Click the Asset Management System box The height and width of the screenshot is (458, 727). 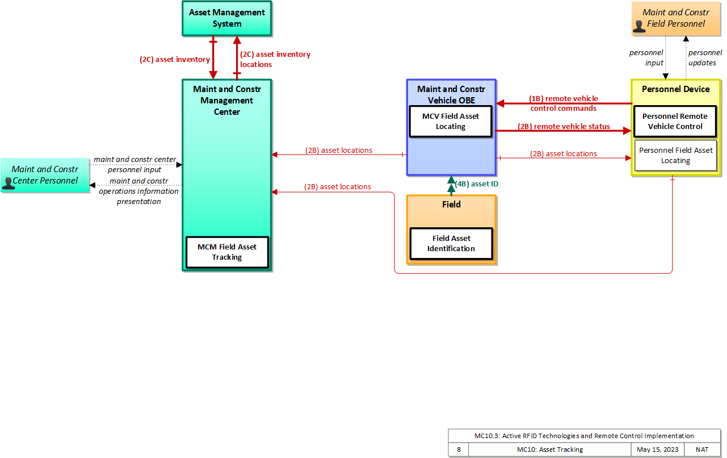click(x=227, y=18)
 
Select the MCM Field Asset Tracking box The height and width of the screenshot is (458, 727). click(x=227, y=252)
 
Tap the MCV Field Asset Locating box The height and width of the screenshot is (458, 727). click(x=451, y=121)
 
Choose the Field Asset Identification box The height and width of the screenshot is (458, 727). click(x=451, y=243)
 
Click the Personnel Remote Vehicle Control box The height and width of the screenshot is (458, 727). click(x=675, y=121)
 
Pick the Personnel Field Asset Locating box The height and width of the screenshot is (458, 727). click(x=675, y=155)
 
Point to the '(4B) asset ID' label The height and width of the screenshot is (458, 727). click(x=477, y=184)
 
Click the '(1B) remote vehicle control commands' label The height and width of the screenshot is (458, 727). click(x=564, y=103)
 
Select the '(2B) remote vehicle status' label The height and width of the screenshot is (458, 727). click(x=564, y=127)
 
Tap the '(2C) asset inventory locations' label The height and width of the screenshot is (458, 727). click(x=275, y=59)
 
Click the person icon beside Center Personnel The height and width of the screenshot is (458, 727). click(x=8, y=183)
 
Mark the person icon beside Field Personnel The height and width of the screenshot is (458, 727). click(x=639, y=27)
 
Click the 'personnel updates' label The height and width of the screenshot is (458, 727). click(x=705, y=57)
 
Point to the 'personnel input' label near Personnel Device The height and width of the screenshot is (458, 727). click(x=646, y=57)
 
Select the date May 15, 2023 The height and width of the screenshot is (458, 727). click(x=658, y=449)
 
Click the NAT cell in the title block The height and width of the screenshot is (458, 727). click(x=702, y=449)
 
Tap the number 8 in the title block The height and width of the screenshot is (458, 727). click(x=459, y=449)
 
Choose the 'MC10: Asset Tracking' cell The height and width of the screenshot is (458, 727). click(x=550, y=449)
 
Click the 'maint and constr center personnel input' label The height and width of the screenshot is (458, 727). click(x=135, y=164)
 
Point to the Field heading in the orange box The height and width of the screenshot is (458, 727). click(x=451, y=205)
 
